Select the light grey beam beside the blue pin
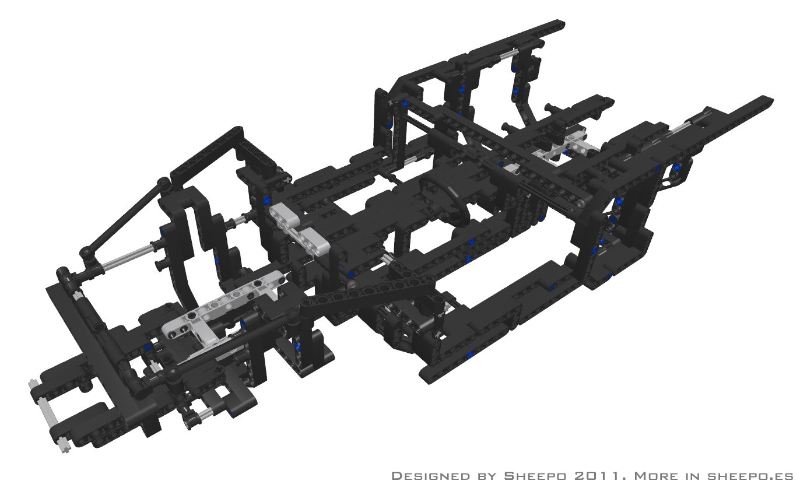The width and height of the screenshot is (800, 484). pos(299,228)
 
